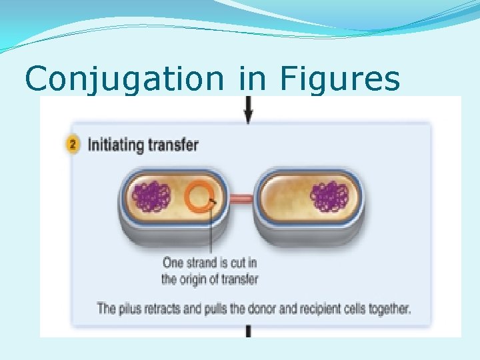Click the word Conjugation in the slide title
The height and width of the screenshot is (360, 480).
(x=124, y=79)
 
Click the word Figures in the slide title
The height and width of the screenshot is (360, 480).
(x=340, y=79)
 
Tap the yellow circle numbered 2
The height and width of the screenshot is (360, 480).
(x=74, y=145)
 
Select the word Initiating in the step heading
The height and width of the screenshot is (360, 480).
(x=117, y=145)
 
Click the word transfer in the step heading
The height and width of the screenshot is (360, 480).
(x=174, y=145)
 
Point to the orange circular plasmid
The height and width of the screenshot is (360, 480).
(x=199, y=198)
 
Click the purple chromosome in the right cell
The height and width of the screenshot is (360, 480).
(x=329, y=198)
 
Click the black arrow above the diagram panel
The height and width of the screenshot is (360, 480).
(x=248, y=111)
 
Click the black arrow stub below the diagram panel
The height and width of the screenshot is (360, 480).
(x=248, y=331)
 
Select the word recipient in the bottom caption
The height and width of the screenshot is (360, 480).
(x=331, y=309)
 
